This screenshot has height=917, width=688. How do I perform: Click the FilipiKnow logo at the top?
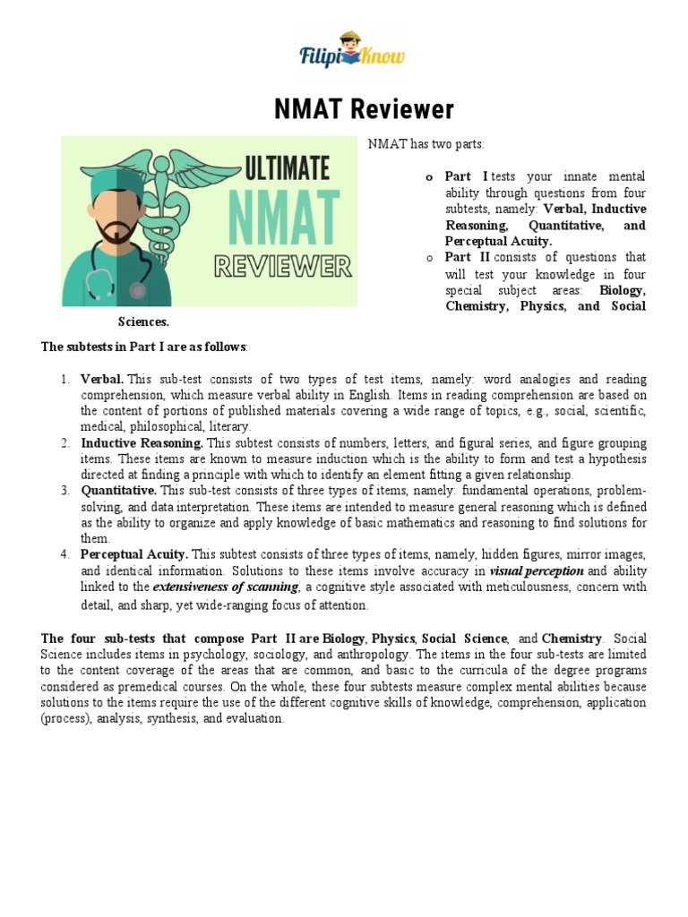(x=351, y=56)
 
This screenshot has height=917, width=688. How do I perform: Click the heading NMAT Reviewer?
(x=351, y=110)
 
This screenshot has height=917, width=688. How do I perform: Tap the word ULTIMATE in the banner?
(x=286, y=168)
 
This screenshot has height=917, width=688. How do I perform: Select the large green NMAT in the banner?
(x=284, y=218)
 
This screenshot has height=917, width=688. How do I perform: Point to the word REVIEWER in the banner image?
(x=281, y=266)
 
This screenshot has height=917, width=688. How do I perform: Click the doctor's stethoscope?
(x=115, y=284)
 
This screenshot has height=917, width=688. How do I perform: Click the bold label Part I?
(x=466, y=176)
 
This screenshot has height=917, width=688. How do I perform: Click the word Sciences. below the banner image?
(x=143, y=321)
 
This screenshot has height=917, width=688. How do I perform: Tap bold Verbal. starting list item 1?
(x=102, y=380)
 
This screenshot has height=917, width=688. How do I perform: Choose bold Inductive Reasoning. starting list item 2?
(x=142, y=442)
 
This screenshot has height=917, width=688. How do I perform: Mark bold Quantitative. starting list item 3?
(x=119, y=491)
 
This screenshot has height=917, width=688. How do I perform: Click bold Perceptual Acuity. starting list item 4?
(x=134, y=554)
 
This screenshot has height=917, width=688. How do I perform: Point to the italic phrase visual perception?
(x=537, y=570)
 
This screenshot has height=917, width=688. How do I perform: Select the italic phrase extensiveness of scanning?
(x=226, y=587)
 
